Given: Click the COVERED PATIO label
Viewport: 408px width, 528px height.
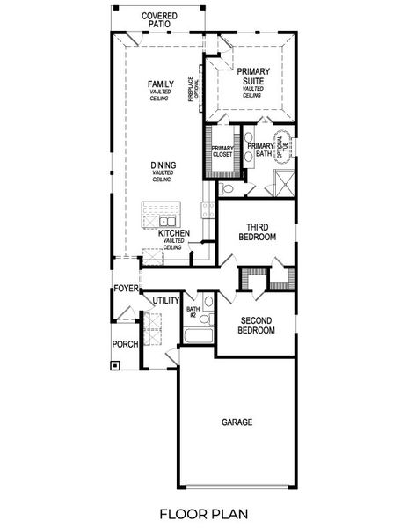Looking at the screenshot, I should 158,20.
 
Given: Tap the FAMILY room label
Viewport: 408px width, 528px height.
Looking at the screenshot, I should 160,84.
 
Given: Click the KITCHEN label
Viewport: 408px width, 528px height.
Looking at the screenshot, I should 173,234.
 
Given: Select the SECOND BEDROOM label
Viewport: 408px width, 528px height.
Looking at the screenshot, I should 257,325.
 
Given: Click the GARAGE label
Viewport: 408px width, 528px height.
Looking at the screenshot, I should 237,422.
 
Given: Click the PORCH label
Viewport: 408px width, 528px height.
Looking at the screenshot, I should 124,344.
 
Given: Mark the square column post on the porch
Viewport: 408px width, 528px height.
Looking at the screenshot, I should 115,366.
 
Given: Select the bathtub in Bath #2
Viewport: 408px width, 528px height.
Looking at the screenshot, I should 197,339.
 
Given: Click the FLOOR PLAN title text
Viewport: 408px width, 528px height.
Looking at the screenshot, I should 204,512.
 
